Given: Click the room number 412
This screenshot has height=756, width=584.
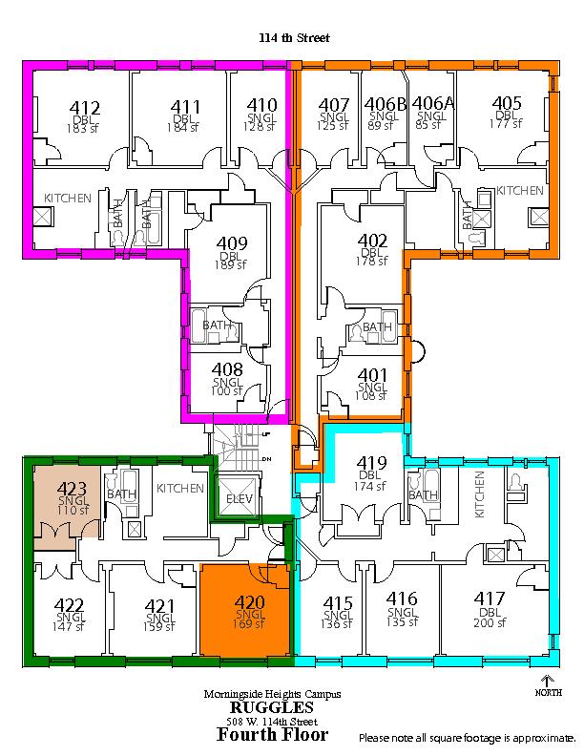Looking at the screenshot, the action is pyautogui.click(x=85, y=107).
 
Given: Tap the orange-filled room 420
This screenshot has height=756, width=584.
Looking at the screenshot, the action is pyautogui.click(x=246, y=610).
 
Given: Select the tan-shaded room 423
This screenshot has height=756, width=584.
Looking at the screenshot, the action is pyautogui.click(x=67, y=501).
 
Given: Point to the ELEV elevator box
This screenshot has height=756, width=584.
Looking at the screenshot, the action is pyautogui.click(x=239, y=497).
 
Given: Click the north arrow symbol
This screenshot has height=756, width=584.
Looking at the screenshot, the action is pyautogui.click(x=548, y=682).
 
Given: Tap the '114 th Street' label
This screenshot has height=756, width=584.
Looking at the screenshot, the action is pyautogui.click(x=294, y=37).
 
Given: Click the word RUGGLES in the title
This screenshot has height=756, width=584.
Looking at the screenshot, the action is pyautogui.click(x=272, y=707).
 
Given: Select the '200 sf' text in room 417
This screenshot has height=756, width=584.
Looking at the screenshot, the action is pyautogui.click(x=490, y=622).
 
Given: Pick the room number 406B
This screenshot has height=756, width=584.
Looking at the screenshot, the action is pyautogui.click(x=385, y=103).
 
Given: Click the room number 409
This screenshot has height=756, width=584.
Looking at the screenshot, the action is pyautogui.click(x=232, y=242).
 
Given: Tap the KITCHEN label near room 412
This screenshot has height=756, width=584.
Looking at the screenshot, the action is pyautogui.click(x=68, y=198).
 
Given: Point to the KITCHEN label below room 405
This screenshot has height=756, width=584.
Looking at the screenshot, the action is pyautogui.click(x=519, y=191).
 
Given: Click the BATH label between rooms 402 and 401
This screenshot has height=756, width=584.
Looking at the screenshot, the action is pyautogui.click(x=377, y=326).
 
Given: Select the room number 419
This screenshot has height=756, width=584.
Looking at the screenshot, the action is pyautogui.click(x=371, y=462).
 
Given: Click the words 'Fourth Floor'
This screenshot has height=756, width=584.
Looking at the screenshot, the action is pyautogui.click(x=273, y=734).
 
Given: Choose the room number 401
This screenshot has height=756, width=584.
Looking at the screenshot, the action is pyautogui.click(x=372, y=374).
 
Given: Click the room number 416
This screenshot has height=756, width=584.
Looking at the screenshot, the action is pyautogui.click(x=402, y=598).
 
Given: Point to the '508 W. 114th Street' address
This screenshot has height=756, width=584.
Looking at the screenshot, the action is pyautogui.click(x=272, y=722).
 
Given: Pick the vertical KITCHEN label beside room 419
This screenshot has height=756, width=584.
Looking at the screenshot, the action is pyautogui.click(x=479, y=494).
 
